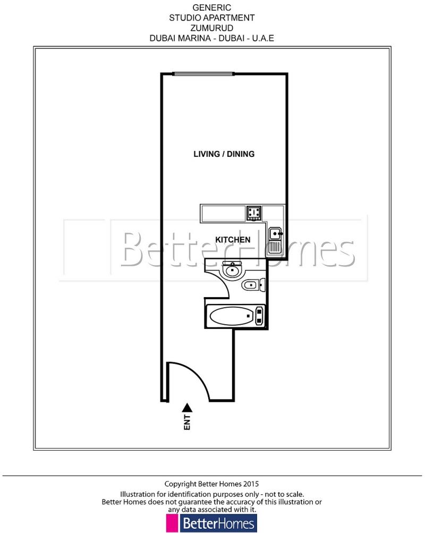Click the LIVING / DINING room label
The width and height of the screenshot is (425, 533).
224,154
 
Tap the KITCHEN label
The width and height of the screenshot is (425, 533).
233,240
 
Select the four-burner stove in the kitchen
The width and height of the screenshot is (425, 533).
253,214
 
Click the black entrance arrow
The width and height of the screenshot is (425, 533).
186,408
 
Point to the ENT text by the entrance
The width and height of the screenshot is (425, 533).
187,422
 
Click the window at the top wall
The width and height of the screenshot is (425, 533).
203,74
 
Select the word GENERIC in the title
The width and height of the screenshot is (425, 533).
212,8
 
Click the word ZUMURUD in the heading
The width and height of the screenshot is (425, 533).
212,28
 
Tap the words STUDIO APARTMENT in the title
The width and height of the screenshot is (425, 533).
212,18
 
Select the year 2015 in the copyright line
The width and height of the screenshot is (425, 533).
251,484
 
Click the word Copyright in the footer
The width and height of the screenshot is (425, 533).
181,484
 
